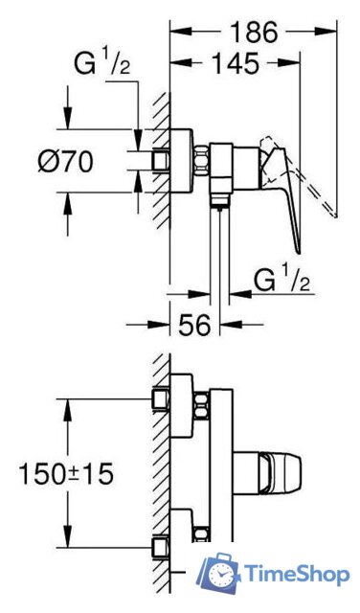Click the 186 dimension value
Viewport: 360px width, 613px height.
coord(254,32)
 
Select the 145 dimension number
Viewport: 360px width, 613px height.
coord(236,62)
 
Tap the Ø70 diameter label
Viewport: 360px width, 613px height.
coord(66,161)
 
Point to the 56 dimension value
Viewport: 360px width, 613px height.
coord(194,324)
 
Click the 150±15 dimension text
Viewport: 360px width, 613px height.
coord(66,473)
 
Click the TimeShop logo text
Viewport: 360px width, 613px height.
coord(298,575)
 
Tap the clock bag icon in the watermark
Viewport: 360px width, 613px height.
coord(219,573)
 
